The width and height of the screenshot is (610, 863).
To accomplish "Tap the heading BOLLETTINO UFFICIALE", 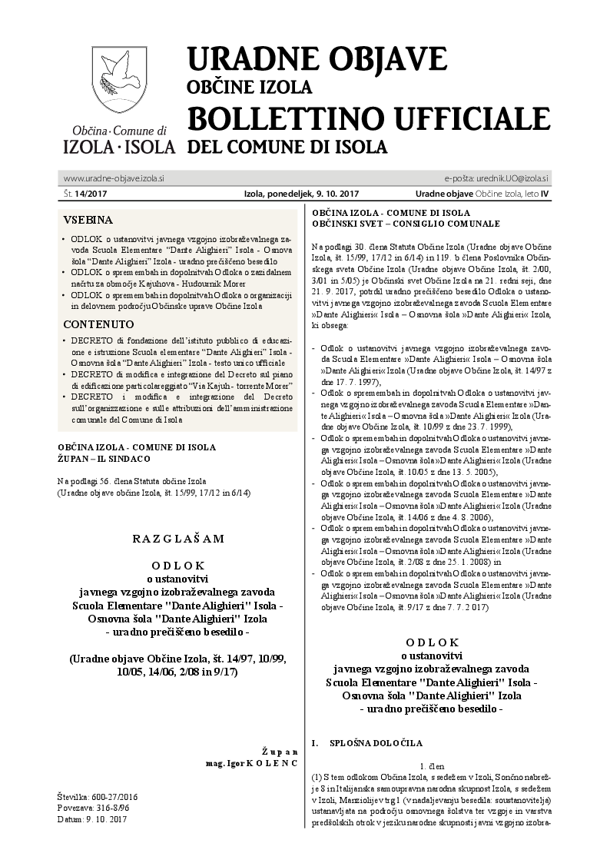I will pyautogui.click(x=369, y=118).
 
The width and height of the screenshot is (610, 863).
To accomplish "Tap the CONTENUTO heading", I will pyautogui.click(x=98, y=324).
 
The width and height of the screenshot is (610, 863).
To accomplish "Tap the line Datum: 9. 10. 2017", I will pyautogui.click(x=91, y=819).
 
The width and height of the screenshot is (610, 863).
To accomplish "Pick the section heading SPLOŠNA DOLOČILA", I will pyautogui.click(x=376, y=744).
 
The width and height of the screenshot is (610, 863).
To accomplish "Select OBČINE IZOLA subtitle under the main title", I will pyautogui.click(x=250, y=86).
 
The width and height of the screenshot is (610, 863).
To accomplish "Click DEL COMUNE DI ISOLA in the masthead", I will pyautogui.click(x=287, y=146).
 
